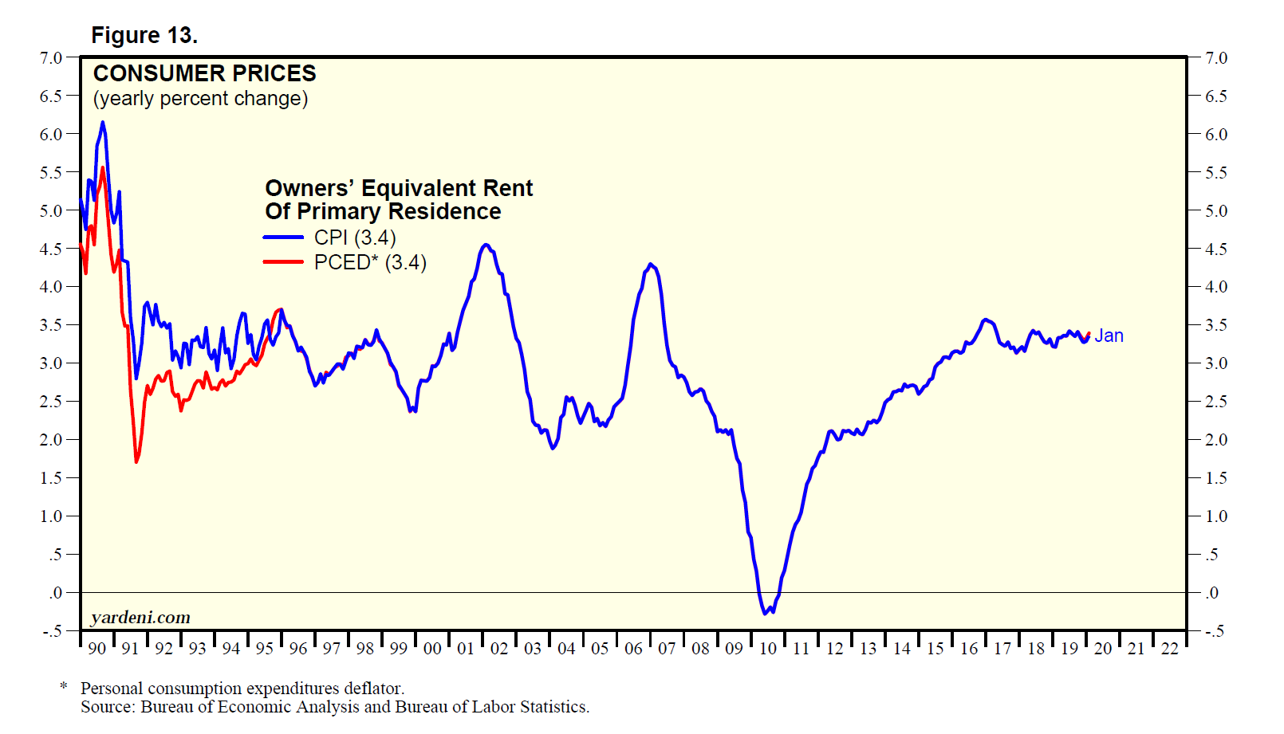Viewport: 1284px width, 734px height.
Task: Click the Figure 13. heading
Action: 144,36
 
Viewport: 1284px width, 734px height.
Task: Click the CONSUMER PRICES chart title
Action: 204,73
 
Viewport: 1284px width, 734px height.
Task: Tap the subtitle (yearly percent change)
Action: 200,99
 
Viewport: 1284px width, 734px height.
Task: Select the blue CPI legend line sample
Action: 283,237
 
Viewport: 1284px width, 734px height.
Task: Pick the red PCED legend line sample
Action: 283,261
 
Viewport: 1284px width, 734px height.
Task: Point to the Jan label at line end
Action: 1109,336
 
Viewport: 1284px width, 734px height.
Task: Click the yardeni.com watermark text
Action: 140,618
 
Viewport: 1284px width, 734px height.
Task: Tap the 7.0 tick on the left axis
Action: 50,58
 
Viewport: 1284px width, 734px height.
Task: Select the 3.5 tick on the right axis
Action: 1216,325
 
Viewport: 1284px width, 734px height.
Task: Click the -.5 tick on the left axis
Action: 52,631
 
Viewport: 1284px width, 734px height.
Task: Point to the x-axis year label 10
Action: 767,649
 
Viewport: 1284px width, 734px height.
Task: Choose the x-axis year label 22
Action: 1169,649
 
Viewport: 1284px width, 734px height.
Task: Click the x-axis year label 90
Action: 96,649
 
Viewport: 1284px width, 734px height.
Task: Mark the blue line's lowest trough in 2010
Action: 765,613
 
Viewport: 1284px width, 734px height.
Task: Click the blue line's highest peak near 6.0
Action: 102,123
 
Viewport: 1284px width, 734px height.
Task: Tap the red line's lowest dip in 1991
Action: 136,461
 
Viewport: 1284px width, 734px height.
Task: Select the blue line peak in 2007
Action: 652,264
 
